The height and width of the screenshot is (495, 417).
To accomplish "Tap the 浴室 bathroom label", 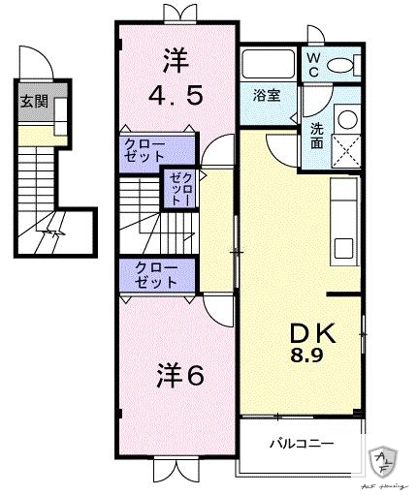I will pos(268,95).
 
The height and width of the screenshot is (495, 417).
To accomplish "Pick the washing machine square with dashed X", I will pos(347,150).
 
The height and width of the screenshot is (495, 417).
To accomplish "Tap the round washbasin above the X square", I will pos(347,118).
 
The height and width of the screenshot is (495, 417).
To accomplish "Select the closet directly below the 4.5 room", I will pos(156,150).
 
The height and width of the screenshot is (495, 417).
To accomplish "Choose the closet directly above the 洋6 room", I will pos(156,275).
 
